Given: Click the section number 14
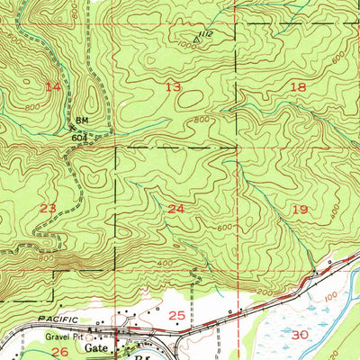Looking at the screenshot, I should point(55,86).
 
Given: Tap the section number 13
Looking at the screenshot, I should point(173,86).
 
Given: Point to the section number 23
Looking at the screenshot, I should point(48,208).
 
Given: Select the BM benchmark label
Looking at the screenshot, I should point(81,120).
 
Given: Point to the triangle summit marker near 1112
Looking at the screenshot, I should point(196,39).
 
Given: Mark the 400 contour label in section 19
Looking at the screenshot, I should point(335,217).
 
